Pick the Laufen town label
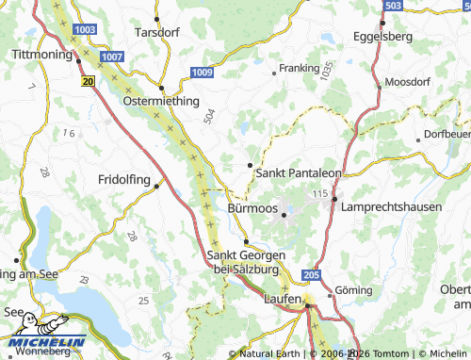[x=282, y=300]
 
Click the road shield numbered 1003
[x=84, y=30]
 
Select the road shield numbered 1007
[x=113, y=57]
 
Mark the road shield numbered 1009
[x=201, y=72]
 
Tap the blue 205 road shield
[x=313, y=274]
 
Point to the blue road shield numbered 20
[x=88, y=83]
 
